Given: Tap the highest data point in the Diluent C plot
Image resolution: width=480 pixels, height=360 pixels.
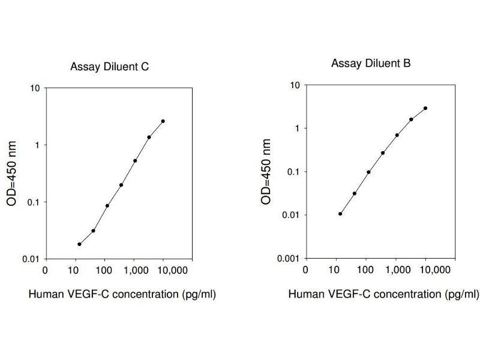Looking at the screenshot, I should (163, 121).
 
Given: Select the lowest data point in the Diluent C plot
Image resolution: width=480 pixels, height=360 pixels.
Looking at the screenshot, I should (79, 244).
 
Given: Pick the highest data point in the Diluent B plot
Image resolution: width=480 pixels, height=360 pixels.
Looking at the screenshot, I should (425, 109).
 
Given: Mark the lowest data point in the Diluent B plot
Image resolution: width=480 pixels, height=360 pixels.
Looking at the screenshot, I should (340, 214).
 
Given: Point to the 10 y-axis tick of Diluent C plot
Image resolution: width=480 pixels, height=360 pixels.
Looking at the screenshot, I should (35, 88).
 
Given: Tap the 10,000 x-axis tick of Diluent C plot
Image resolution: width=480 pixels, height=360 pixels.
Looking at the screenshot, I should (162, 270).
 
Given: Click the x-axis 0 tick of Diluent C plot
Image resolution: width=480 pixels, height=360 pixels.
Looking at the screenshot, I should (46, 270).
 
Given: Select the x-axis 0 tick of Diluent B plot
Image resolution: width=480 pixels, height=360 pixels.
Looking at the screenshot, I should (306, 269).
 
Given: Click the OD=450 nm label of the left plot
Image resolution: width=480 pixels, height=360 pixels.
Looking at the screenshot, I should (12, 174).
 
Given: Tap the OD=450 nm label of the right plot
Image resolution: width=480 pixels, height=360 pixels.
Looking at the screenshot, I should (266, 172).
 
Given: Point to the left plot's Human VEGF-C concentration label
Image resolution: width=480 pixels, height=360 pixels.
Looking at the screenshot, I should (122, 294).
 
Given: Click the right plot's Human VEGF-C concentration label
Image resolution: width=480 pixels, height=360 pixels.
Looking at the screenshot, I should (384, 294).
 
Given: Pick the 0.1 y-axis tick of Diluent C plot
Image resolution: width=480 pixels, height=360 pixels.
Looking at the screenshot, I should (34, 202).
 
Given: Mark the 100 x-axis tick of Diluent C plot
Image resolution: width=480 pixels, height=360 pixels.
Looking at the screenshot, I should (104, 270).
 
